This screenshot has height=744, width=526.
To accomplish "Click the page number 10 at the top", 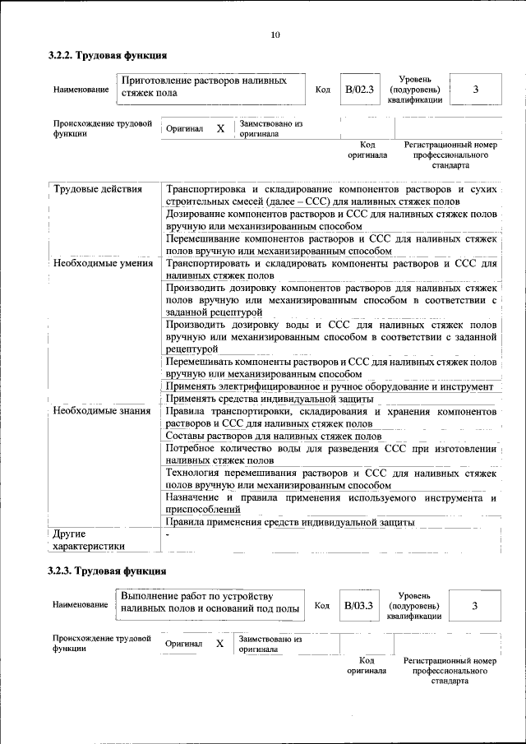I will pos(275,35).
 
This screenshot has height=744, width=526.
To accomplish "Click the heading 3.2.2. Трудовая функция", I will pos(108,56).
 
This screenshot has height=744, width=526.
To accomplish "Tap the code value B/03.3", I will pos(358,605).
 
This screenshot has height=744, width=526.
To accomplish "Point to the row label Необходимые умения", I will pos(102,264).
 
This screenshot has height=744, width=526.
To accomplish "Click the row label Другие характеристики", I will pos(89,539).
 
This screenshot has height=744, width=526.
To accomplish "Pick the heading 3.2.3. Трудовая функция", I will pos(108,571).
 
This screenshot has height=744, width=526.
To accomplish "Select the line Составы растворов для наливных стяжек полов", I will pos(274,436).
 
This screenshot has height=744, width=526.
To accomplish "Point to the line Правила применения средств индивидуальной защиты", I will pos(290,522).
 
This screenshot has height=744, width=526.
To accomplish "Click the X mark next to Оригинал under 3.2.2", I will pos(220,129).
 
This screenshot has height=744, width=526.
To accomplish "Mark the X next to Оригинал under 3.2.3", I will pos(219,644).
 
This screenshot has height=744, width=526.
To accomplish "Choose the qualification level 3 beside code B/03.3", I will pos(474,605).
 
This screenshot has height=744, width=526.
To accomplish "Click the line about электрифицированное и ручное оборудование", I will pos(329,386).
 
